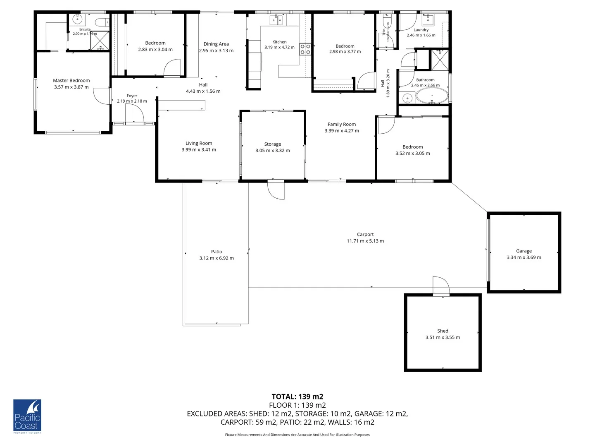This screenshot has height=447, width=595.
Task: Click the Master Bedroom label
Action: (x=71, y=81)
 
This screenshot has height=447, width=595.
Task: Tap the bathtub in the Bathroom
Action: (x=432, y=97)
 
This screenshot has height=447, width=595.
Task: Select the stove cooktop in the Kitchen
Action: (x=305, y=50)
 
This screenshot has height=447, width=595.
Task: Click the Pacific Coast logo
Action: (x=27, y=416)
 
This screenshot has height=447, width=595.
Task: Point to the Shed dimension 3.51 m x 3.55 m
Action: (x=443, y=337)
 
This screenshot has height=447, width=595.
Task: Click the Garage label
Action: (x=524, y=251)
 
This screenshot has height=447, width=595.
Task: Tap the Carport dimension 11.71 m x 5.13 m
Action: (x=365, y=241)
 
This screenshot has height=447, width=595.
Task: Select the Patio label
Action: (x=217, y=252)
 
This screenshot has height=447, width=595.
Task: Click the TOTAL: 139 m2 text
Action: (x=297, y=397)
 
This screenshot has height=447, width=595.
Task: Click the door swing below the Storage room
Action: (x=276, y=190)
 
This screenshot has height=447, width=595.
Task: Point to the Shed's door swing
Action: (x=441, y=286)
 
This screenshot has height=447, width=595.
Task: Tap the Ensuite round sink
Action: (x=78, y=19)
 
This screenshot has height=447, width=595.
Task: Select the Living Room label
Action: (x=199, y=143)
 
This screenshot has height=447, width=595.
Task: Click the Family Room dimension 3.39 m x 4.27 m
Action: (x=341, y=131)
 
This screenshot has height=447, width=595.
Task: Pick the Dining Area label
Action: (x=216, y=44)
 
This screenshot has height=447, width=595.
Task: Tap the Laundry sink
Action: (x=428, y=19)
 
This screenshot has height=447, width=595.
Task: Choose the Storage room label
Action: (x=272, y=144)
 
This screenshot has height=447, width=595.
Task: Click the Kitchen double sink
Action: (x=276, y=20)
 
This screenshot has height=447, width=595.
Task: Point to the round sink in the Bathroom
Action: (x=407, y=99)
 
